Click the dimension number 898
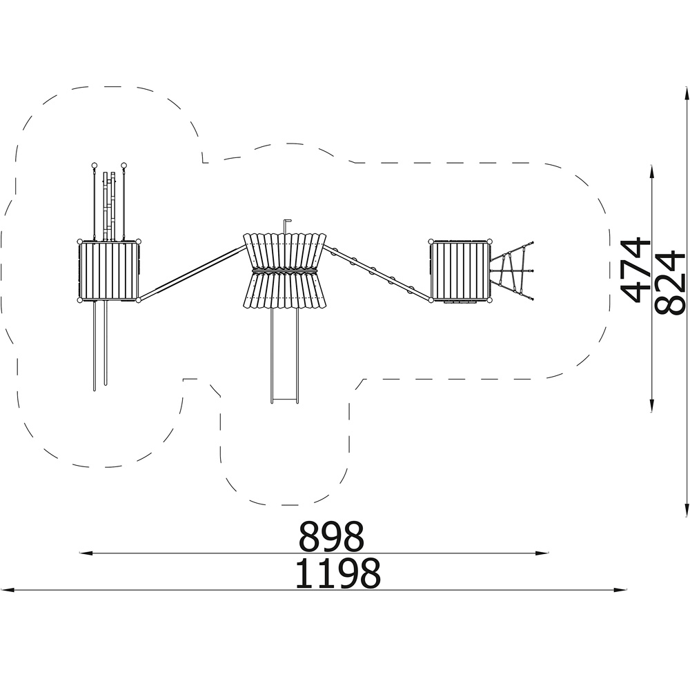(331, 536)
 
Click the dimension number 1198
(337, 573)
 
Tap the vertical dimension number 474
(635, 270)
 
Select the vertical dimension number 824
(670, 282)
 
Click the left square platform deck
(109, 271)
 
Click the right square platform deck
(460, 271)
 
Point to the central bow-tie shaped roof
(285, 270)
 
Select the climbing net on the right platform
(512, 271)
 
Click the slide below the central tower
(285, 355)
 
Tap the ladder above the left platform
(109, 206)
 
